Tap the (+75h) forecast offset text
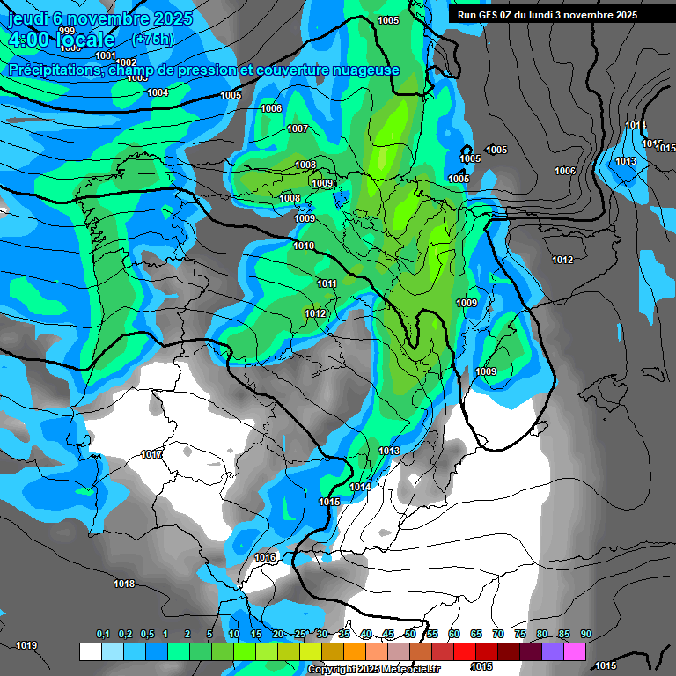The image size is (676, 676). (151, 39)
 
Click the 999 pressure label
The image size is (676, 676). (67, 31)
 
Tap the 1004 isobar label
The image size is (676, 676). (158, 92)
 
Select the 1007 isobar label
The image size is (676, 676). (298, 129)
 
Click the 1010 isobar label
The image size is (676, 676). (304, 246)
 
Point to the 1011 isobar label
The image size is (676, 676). (327, 283)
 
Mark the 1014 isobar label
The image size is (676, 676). (360, 487)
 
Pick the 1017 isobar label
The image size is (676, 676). (151, 454)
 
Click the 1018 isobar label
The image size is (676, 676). (124, 584)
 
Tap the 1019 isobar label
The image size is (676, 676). (26, 645)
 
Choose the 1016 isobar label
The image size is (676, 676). (265, 557)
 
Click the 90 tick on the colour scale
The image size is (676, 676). (585, 634)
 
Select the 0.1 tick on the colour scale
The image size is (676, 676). (102, 634)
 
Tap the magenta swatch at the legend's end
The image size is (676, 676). (574, 651)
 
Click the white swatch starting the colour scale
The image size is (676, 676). (90, 651)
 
